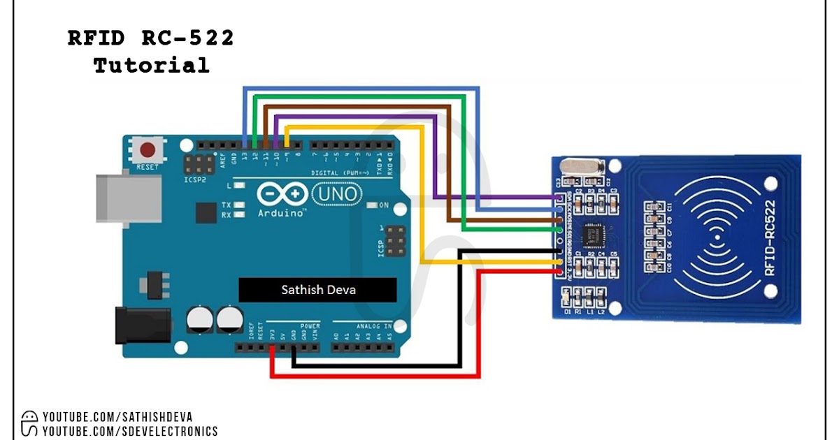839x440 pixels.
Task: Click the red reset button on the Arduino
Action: pos(148,150)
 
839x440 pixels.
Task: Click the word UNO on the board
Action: pos(336,193)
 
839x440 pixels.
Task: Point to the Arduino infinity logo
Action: pos(282,193)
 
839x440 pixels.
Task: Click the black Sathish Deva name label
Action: pos(317,289)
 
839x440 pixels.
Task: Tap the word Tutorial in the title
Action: pos(151,66)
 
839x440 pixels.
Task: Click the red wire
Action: pos(378,376)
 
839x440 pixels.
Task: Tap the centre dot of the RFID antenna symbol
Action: pos(718,237)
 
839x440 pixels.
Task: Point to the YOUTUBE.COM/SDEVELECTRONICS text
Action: pos(130,432)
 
